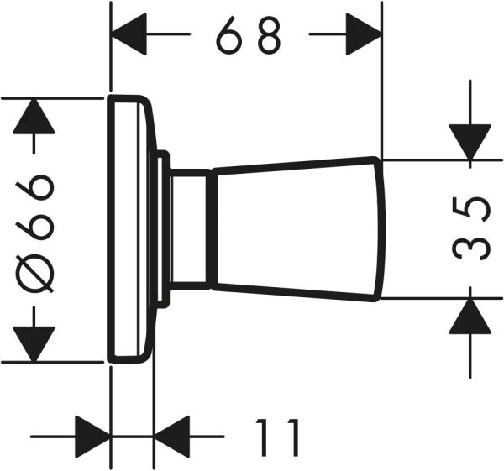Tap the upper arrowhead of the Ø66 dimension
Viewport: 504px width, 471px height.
pos(34,117)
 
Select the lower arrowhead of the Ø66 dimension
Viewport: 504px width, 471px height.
pos(34,343)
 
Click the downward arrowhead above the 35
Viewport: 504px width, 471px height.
pos(470,140)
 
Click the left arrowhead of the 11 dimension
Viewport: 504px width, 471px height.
pos(92,437)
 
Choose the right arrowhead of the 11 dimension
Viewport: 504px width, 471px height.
pos(174,437)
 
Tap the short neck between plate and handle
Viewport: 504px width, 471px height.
pos(192,229)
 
